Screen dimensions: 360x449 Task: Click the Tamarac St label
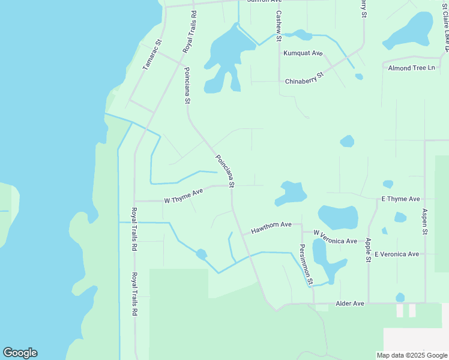click(x=152, y=55)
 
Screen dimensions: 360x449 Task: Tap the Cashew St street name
click(x=279, y=22)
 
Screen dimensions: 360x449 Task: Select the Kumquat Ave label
click(x=303, y=53)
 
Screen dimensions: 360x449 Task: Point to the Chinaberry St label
click(x=304, y=78)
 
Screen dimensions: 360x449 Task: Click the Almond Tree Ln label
click(x=411, y=68)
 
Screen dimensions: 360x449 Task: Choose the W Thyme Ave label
click(x=184, y=196)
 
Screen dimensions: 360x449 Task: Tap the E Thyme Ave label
click(x=400, y=199)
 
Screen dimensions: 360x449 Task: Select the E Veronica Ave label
click(x=396, y=254)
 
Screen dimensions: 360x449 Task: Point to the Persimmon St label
click(x=307, y=264)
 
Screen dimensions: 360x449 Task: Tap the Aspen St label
click(x=424, y=221)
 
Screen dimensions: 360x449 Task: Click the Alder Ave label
click(x=350, y=304)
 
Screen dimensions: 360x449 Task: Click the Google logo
click(x=20, y=353)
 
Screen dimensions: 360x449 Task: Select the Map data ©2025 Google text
click(x=411, y=355)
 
